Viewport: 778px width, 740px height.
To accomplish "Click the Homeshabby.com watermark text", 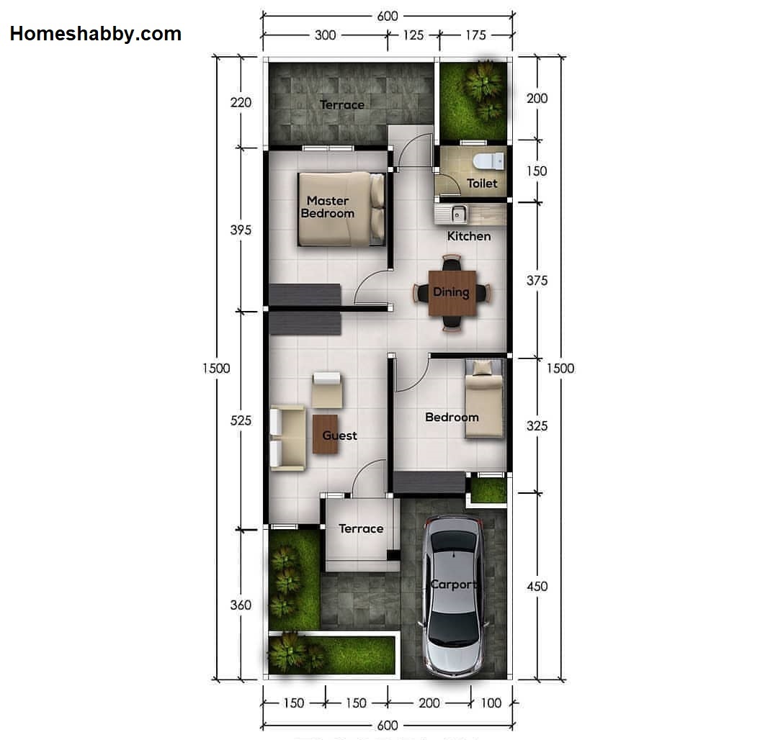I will pyautogui.click(x=96, y=33).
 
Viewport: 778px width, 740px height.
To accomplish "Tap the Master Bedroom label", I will pyautogui.click(x=328, y=207).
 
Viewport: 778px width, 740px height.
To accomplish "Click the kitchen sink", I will pyautogui.click(x=457, y=213).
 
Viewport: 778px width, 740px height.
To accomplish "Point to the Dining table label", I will pyautogui.click(x=451, y=292).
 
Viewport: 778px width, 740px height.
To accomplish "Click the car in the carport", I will pyautogui.click(x=454, y=595).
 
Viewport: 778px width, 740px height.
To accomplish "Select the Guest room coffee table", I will pyautogui.click(x=325, y=434).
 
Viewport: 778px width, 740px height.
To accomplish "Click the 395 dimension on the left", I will pyautogui.click(x=241, y=230).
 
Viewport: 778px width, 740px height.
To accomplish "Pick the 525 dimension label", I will pyautogui.click(x=241, y=420).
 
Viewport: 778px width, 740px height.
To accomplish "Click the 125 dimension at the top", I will pyautogui.click(x=413, y=35).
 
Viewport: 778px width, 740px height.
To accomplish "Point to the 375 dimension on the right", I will pyautogui.click(x=537, y=281).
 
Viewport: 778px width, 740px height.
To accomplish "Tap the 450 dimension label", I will pyautogui.click(x=537, y=586).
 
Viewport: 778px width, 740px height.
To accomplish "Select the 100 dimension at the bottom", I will pyautogui.click(x=491, y=703).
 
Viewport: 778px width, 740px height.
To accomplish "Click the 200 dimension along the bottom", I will pyautogui.click(x=429, y=703).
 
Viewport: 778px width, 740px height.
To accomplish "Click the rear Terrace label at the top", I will pyautogui.click(x=342, y=105).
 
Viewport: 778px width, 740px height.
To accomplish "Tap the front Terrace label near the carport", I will pyautogui.click(x=361, y=529).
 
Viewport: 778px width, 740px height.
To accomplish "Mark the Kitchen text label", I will pyautogui.click(x=469, y=236).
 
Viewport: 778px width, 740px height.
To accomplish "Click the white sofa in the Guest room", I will pyautogui.click(x=286, y=438).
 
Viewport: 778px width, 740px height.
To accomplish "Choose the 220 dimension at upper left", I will pyautogui.click(x=241, y=102).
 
